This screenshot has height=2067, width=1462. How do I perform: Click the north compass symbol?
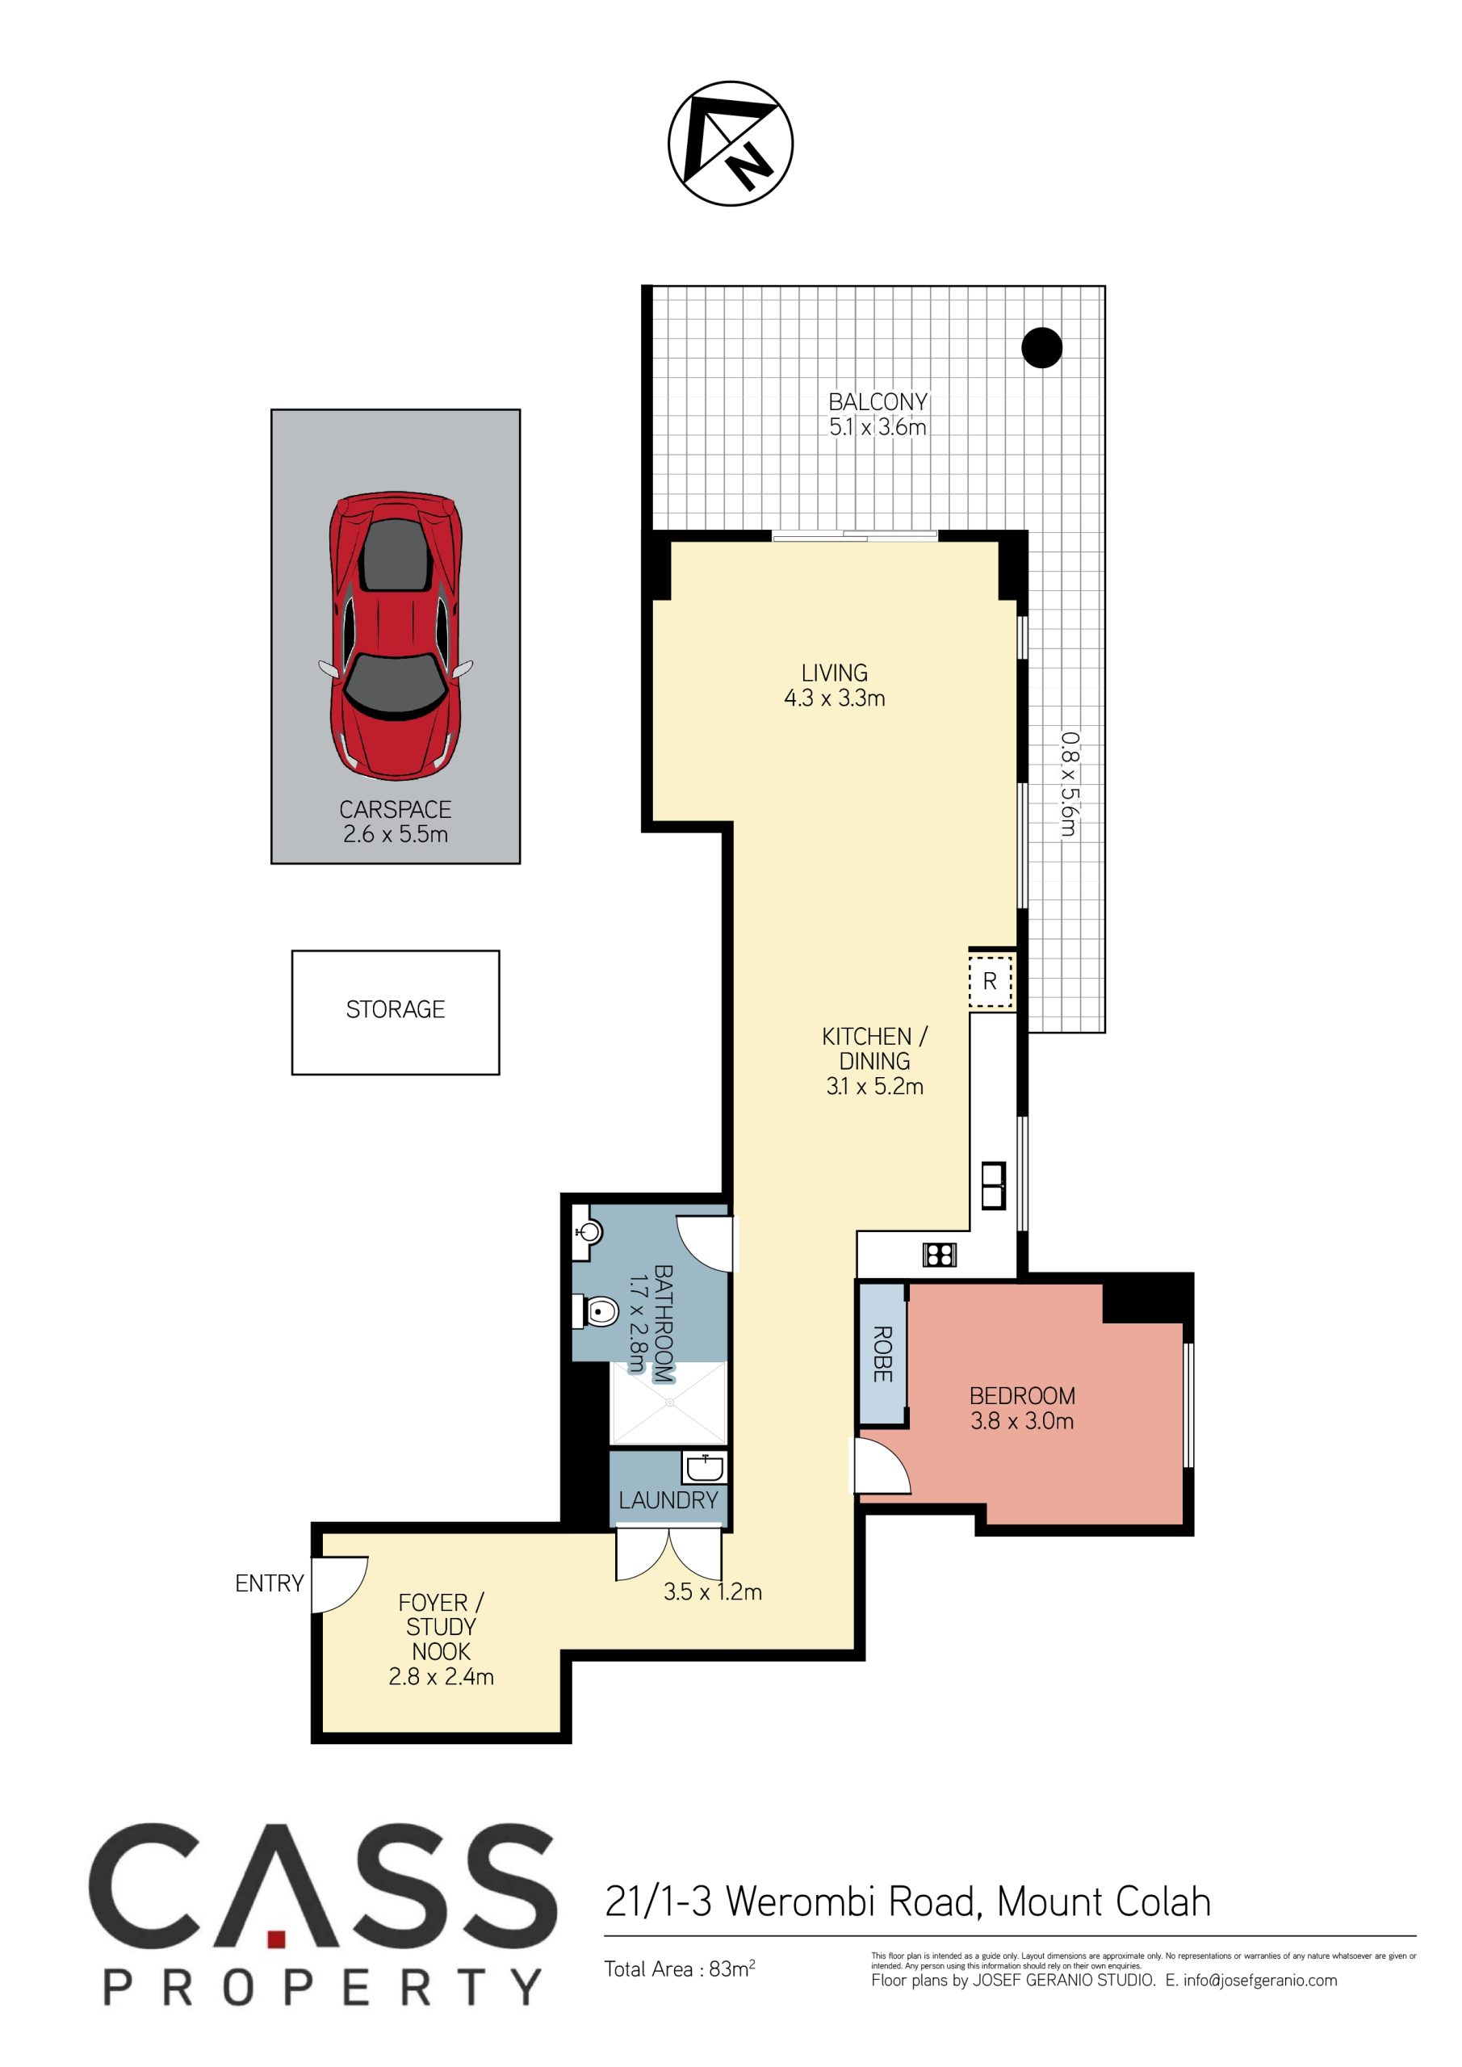click(x=730, y=143)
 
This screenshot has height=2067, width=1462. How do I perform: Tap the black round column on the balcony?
click(x=1041, y=347)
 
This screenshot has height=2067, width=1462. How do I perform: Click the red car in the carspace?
click(x=396, y=635)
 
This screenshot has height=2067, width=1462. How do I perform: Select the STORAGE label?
click(x=396, y=1009)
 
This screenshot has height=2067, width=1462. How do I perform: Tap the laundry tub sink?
click(x=705, y=1469)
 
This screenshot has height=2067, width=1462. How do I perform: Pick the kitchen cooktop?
click(x=939, y=1254)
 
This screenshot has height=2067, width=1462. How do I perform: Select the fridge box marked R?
click(x=991, y=981)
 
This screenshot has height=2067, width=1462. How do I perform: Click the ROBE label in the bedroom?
click(x=883, y=1354)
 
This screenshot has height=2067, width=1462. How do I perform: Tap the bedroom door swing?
click(x=882, y=1465)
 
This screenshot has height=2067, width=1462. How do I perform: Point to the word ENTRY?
click(x=269, y=1583)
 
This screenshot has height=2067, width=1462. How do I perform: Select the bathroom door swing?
click(x=706, y=1244)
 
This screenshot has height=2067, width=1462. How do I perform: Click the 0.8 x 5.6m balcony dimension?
click(x=1069, y=783)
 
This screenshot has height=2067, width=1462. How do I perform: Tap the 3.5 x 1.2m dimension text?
click(x=713, y=1591)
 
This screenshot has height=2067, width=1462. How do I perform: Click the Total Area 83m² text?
click(x=680, y=1968)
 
